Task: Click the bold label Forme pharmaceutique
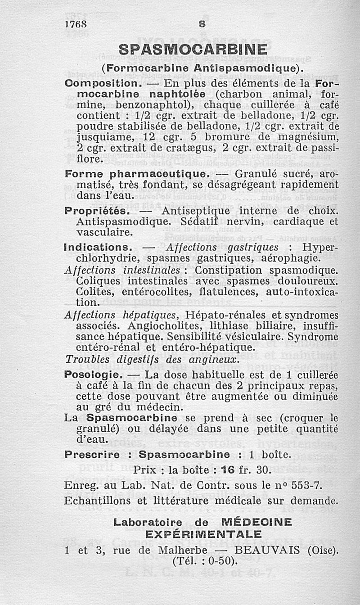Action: pos(137,173)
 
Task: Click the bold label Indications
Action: pos(97,247)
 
